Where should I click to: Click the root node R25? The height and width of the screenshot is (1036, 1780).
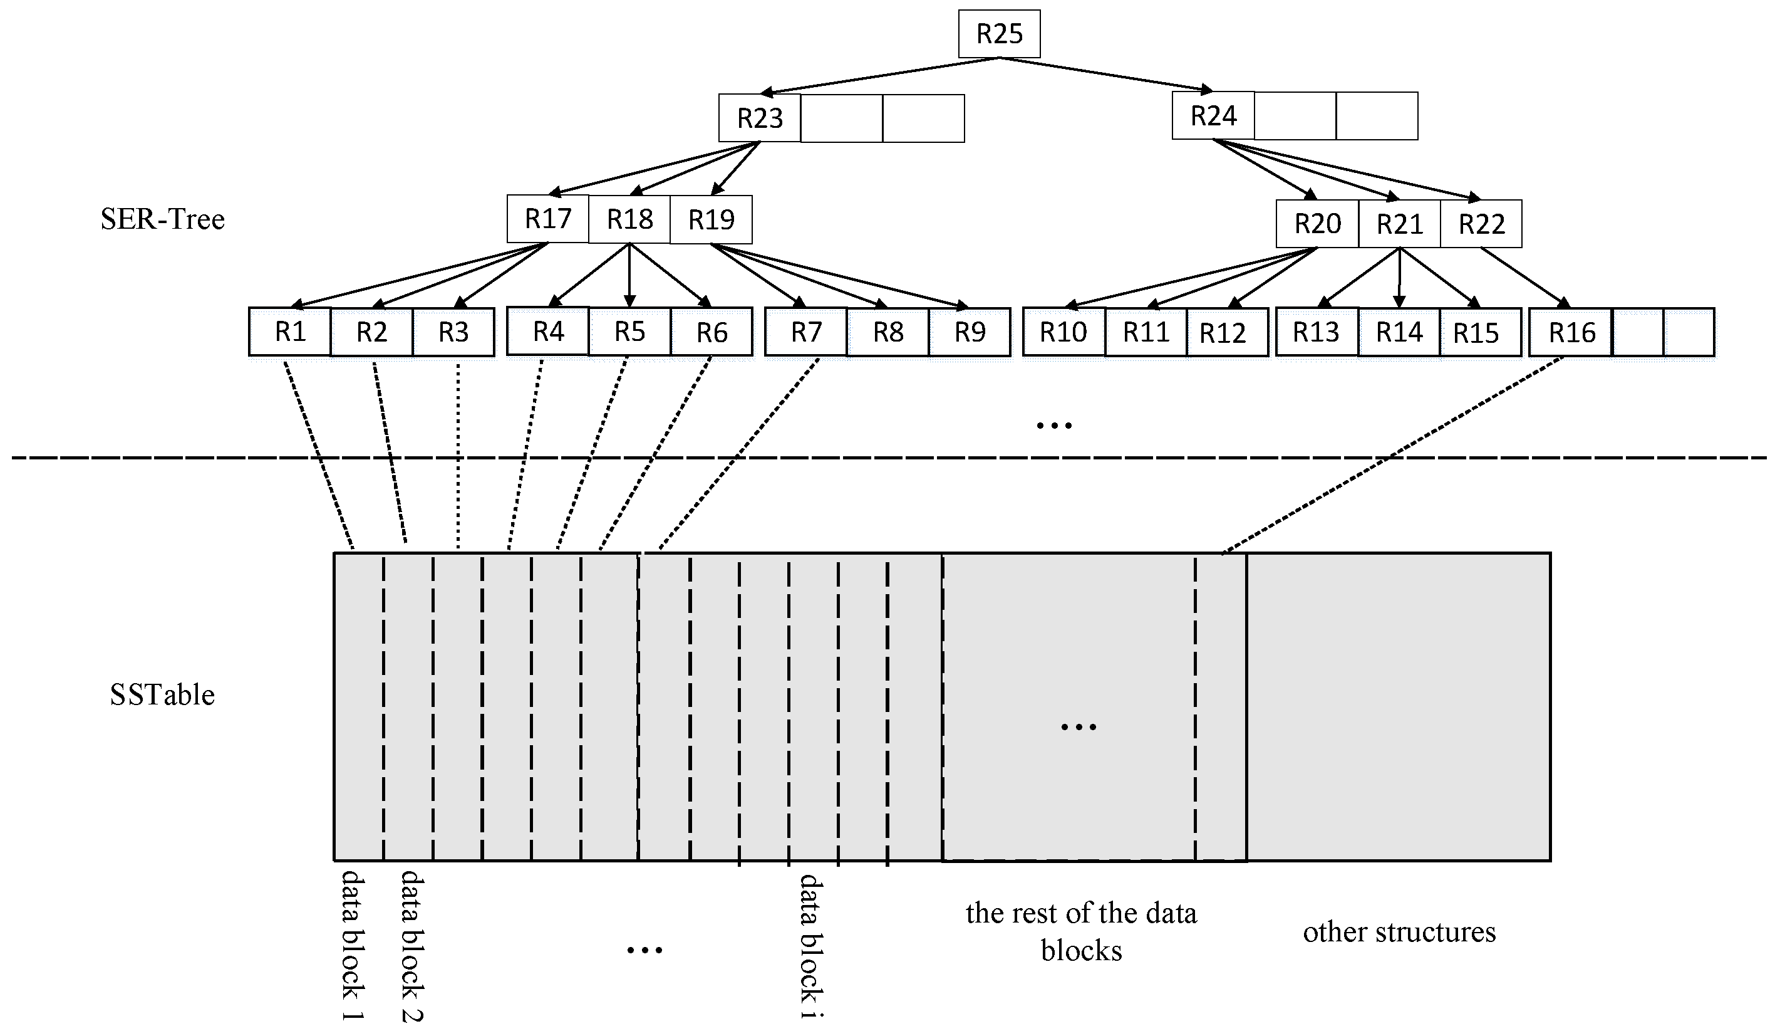pos(999,34)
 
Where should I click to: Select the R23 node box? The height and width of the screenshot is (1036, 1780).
pos(759,118)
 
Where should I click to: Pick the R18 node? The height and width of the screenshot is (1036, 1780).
pos(629,220)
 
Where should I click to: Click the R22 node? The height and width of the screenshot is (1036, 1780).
pos(1481,224)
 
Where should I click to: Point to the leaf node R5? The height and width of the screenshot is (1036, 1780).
pos(629,332)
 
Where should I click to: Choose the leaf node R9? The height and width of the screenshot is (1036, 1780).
pos(969,332)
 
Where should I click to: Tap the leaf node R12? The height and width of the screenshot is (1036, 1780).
pos(1223,333)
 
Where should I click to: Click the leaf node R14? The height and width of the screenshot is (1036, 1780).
pos(1399,332)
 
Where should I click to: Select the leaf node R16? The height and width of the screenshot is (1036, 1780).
pos(1571,332)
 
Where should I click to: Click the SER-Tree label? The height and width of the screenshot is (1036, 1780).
pos(162,219)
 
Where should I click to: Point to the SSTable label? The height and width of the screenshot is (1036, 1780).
pos(162,694)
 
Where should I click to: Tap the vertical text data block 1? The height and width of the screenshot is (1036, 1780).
pos(353,945)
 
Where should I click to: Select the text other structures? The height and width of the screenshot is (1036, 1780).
pos(1399,932)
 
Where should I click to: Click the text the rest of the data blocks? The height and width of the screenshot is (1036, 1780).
pos(1081,932)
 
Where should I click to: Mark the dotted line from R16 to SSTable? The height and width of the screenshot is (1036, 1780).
pos(1392,456)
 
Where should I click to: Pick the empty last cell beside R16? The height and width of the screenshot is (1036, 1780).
pos(1689,332)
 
